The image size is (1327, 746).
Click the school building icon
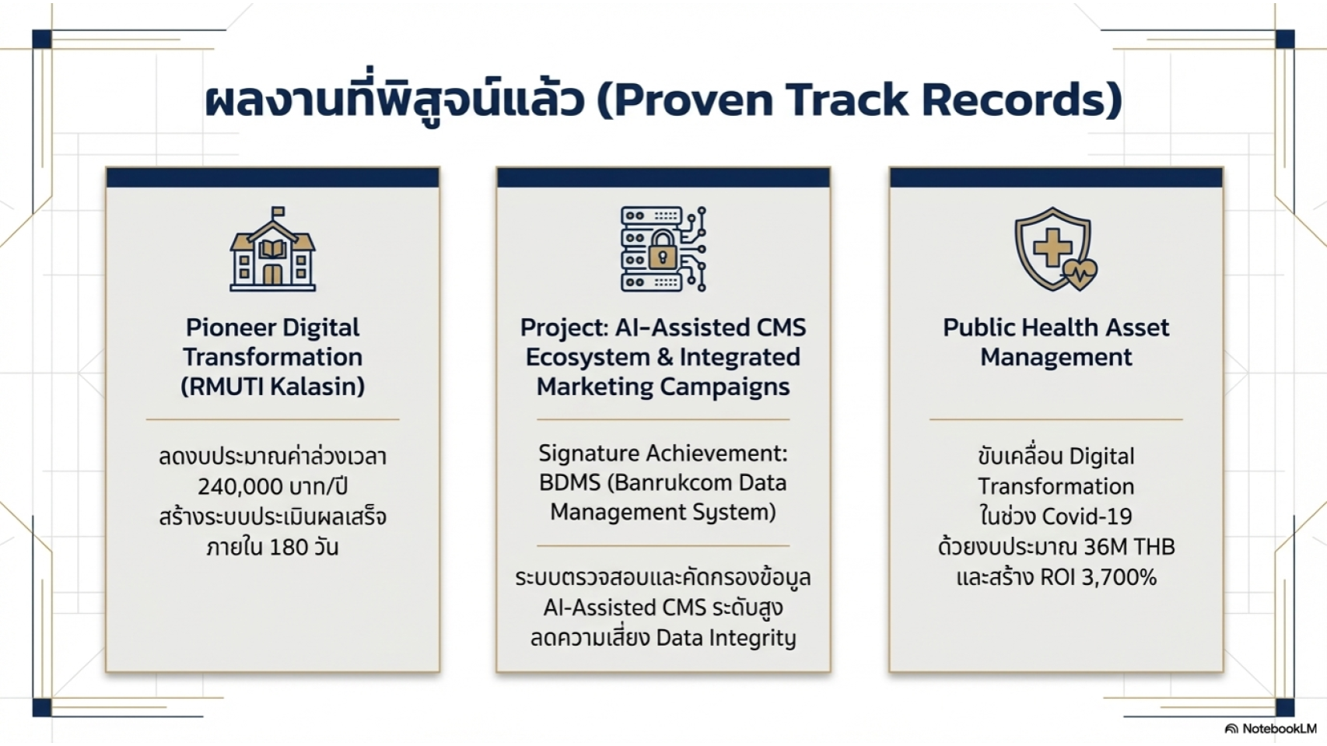point(272,250)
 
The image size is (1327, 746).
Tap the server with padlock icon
point(663,249)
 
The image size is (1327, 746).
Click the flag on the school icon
point(278,212)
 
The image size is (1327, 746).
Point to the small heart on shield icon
point(1080,274)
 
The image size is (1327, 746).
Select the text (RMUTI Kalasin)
point(272,387)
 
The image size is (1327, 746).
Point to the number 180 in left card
point(289,548)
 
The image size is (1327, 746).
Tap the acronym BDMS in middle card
point(569,483)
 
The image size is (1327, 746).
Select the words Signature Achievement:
point(663,453)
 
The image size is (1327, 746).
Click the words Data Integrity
point(726,638)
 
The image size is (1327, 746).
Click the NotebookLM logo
point(1271,729)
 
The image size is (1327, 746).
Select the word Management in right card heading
point(1056,357)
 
